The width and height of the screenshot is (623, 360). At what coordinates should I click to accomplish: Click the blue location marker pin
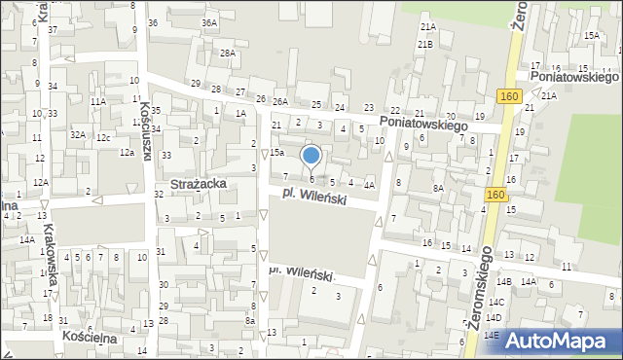click(x=311, y=156)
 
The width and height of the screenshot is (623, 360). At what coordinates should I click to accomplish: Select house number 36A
click(x=208, y=22)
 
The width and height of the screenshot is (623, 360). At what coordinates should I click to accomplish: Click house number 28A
click(x=227, y=54)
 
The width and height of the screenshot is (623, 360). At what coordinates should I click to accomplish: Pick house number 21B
click(x=425, y=45)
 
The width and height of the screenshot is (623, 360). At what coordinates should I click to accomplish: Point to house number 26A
click(x=281, y=102)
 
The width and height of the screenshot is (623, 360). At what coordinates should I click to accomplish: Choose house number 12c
click(x=102, y=138)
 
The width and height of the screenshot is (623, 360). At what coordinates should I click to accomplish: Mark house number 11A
click(x=98, y=101)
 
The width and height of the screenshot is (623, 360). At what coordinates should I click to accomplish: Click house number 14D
click(x=495, y=318)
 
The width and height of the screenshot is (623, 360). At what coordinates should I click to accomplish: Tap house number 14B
click(x=503, y=281)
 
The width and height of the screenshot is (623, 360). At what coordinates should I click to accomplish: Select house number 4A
click(x=369, y=185)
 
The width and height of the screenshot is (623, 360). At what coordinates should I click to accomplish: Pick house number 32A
click(x=77, y=135)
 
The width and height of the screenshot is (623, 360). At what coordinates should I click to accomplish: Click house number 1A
click(x=239, y=114)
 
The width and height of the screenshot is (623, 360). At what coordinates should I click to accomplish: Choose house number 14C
click(x=496, y=303)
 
